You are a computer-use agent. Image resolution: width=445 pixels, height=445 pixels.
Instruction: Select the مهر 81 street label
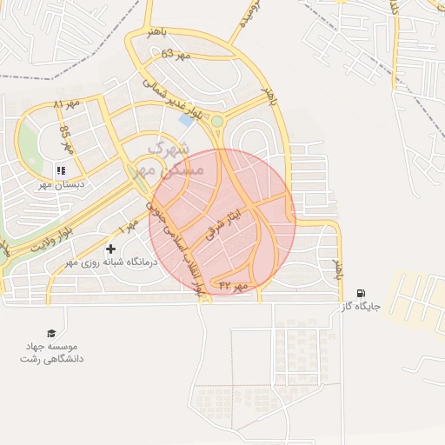tap(65, 105)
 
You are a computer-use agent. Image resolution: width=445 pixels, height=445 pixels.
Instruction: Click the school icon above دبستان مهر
tap(60, 169)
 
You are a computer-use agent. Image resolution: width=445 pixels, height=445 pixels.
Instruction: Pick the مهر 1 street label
tap(130, 226)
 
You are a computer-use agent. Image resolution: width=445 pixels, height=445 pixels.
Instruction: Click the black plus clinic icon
tap(110, 249)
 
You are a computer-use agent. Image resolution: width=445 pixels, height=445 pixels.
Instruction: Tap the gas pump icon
tap(361, 294)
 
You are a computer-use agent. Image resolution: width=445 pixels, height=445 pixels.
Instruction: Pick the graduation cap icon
tap(51, 334)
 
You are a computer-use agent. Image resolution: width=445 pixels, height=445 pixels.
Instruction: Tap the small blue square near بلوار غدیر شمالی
tap(185, 120)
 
